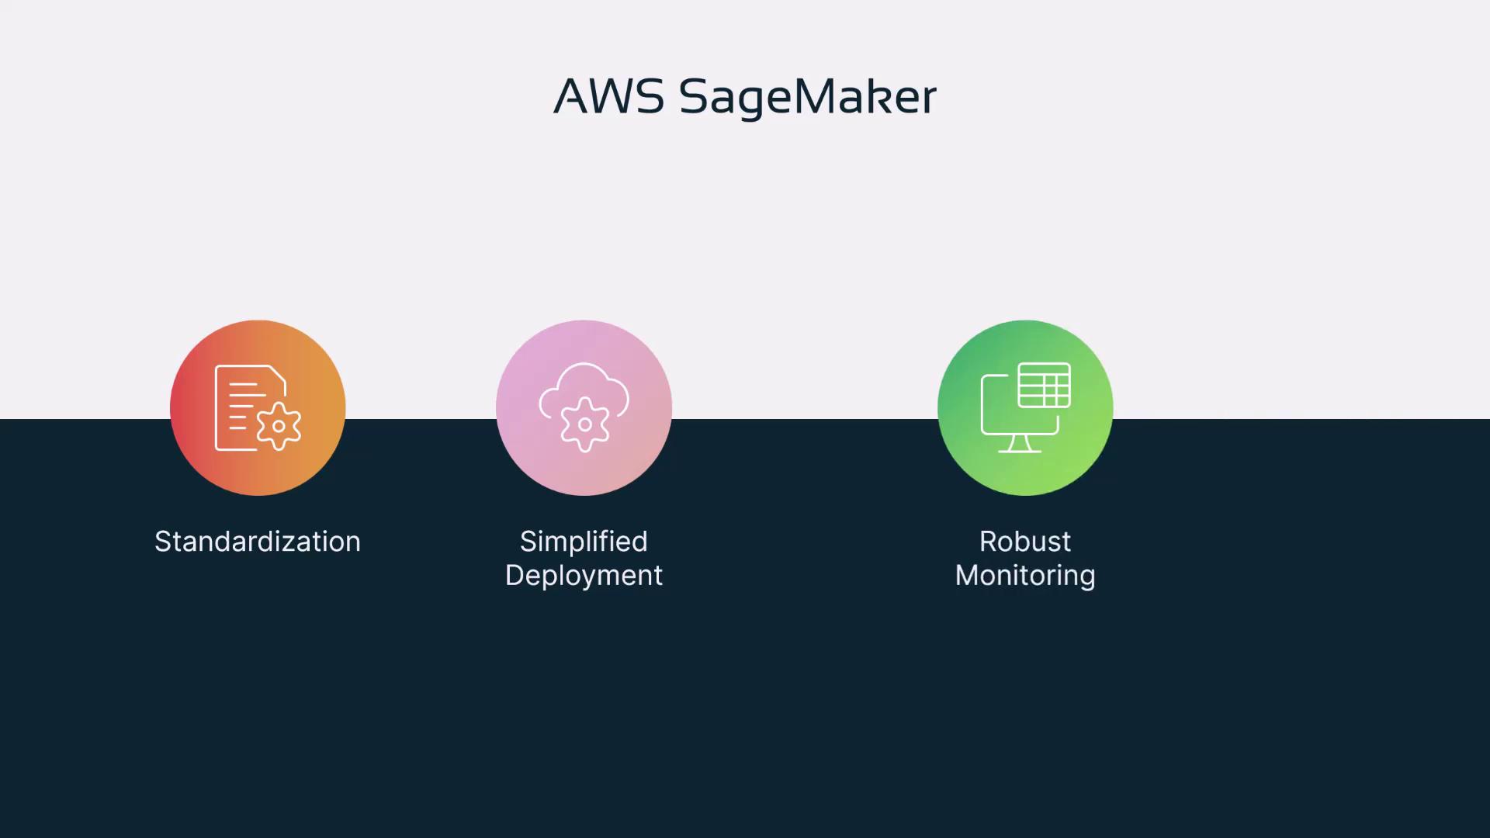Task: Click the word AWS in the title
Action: [x=609, y=96]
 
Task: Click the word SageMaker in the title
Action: [x=808, y=98]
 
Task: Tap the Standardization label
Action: [x=258, y=542]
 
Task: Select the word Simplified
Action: [x=584, y=542]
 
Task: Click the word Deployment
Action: [x=584, y=576]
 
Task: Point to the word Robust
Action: [x=1025, y=542]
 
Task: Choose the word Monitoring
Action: [x=1025, y=576]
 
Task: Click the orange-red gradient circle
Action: [x=258, y=408]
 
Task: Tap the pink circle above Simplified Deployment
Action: [x=584, y=408]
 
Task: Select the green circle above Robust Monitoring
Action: [x=1025, y=408]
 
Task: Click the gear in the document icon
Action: [x=279, y=426]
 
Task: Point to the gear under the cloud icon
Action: [x=584, y=424]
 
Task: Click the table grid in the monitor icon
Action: [x=1045, y=385]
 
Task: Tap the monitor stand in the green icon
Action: [x=1020, y=444]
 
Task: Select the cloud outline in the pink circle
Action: [x=584, y=393]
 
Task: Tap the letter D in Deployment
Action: [x=515, y=575]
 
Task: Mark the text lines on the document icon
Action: [x=244, y=406]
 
